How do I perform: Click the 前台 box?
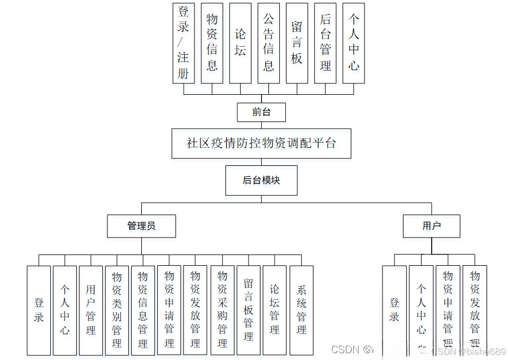261,112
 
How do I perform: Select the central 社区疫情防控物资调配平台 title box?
261,143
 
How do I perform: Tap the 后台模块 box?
261,181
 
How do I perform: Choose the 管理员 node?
141,226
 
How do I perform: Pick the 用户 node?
431,226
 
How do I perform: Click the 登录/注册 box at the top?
184,43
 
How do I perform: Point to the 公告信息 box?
268,43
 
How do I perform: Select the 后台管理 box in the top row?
325,43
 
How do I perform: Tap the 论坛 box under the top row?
240,43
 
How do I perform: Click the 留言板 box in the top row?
297,43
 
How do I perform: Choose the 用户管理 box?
91,310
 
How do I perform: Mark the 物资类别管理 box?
117,310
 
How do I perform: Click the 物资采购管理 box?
223,310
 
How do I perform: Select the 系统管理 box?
301,310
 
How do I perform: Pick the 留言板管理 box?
249,310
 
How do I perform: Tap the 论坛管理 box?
275,310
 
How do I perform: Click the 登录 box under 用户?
394,310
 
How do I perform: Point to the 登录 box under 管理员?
39,310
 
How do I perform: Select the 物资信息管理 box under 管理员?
143,310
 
